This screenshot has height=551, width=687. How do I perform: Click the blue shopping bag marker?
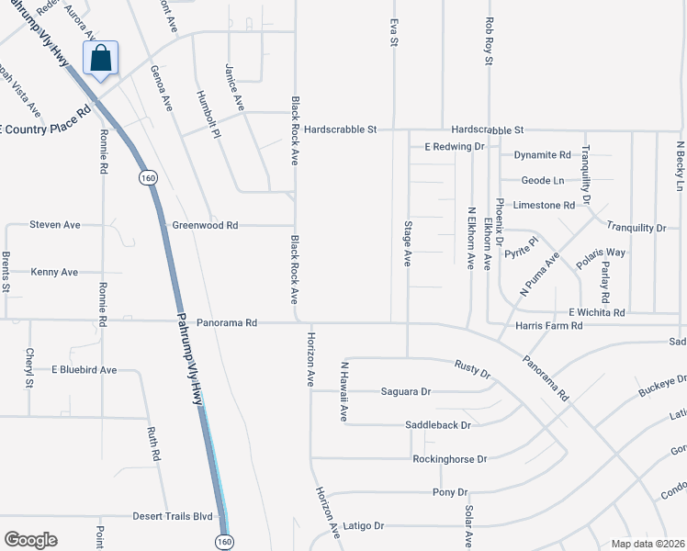point(101,58)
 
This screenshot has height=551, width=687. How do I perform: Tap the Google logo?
point(31,540)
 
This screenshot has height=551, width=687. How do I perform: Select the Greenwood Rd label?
point(205,225)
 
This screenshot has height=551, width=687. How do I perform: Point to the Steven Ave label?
point(54,224)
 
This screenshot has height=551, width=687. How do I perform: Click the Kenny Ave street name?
point(54,272)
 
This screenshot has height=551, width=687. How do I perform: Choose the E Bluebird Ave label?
point(84,370)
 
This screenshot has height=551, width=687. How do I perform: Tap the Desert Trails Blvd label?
point(179,516)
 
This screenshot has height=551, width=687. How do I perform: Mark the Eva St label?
point(394,30)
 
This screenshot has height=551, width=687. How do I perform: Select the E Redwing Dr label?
point(454,146)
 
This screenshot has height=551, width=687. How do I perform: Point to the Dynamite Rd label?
point(542,155)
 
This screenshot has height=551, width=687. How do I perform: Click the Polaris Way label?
point(601,258)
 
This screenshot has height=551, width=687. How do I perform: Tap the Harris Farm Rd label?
point(549,325)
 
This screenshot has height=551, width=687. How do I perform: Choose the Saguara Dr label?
point(406,391)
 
